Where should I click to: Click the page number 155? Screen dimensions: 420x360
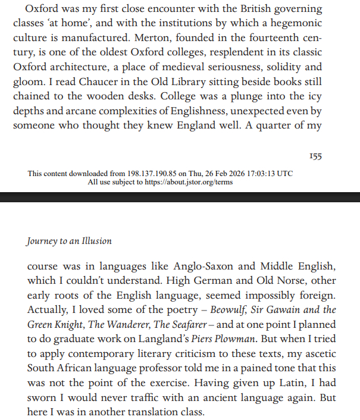pos(315,156)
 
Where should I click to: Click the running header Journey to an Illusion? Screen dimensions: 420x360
pos(69,242)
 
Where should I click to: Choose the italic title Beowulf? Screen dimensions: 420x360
pos(221,311)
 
